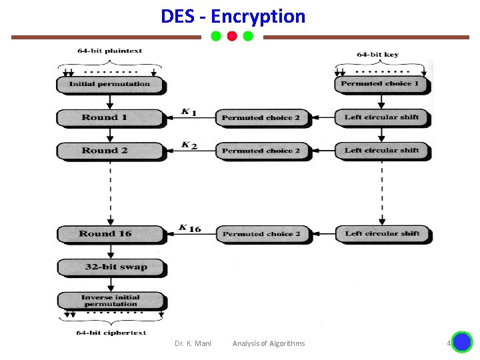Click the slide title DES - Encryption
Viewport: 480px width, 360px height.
(x=233, y=16)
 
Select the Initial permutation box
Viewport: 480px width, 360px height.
(x=110, y=85)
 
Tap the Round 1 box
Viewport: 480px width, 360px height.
(x=110, y=118)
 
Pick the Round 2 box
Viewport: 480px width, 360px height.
(x=110, y=151)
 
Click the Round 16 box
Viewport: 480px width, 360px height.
(x=110, y=234)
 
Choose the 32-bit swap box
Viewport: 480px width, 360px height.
(x=111, y=267)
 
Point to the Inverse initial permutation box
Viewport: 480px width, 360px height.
(x=111, y=301)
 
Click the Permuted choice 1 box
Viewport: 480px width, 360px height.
(x=381, y=84)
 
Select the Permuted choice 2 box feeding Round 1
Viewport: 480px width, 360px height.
(x=261, y=118)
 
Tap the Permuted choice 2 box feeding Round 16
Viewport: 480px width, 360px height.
(x=262, y=234)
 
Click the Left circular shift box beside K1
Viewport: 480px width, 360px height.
(x=381, y=117)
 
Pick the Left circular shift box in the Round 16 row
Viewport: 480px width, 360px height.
(x=382, y=234)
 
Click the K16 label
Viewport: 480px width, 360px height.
(x=190, y=228)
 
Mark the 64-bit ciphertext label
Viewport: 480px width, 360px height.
(x=111, y=332)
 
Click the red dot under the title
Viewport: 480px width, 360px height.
(x=232, y=36)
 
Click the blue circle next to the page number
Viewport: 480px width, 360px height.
(x=461, y=343)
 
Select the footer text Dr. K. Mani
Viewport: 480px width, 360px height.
(x=193, y=343)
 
